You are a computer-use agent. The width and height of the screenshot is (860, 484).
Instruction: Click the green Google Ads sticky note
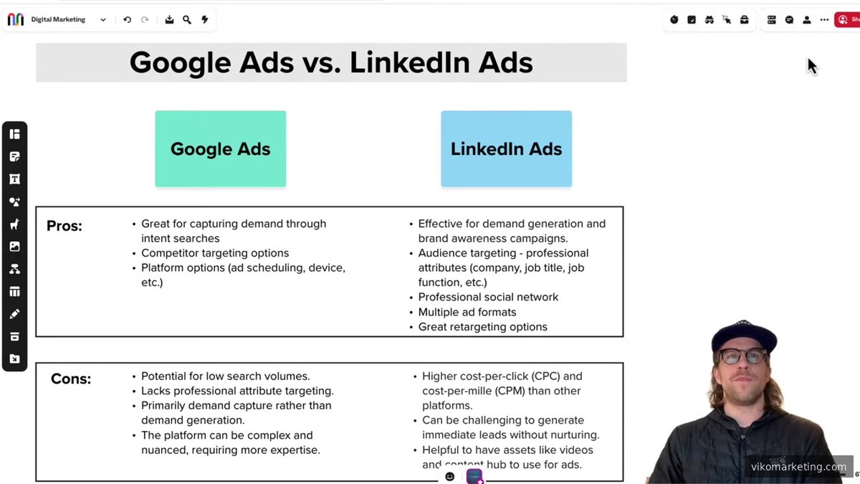220,149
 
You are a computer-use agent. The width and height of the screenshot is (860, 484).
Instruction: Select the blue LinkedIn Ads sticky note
506,149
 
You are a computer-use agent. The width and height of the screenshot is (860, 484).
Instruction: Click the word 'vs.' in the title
322,63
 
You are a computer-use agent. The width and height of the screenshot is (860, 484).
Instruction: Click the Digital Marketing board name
58,20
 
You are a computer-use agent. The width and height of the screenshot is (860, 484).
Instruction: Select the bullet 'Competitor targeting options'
215,253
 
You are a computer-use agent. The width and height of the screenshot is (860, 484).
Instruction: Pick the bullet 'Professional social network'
488,297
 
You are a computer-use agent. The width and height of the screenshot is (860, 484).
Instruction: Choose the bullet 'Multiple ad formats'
467,312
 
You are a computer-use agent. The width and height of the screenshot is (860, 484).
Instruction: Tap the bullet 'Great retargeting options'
482,327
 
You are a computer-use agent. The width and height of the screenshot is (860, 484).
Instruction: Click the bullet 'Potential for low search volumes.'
225,376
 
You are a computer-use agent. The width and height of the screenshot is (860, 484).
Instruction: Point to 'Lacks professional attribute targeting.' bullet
237,391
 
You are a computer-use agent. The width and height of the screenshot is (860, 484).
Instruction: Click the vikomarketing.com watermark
798,467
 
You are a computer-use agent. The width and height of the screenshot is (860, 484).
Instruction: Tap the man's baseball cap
744,336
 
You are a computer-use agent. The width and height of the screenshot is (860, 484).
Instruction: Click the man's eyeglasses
742,356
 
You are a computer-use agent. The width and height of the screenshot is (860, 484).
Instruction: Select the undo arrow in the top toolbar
128,20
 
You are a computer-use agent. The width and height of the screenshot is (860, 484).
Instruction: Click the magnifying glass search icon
187,20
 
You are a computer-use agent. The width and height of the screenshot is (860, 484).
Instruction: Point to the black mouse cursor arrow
811,65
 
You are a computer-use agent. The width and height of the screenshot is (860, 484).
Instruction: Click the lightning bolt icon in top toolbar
205,20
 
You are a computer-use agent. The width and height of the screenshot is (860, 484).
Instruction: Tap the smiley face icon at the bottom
450,477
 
